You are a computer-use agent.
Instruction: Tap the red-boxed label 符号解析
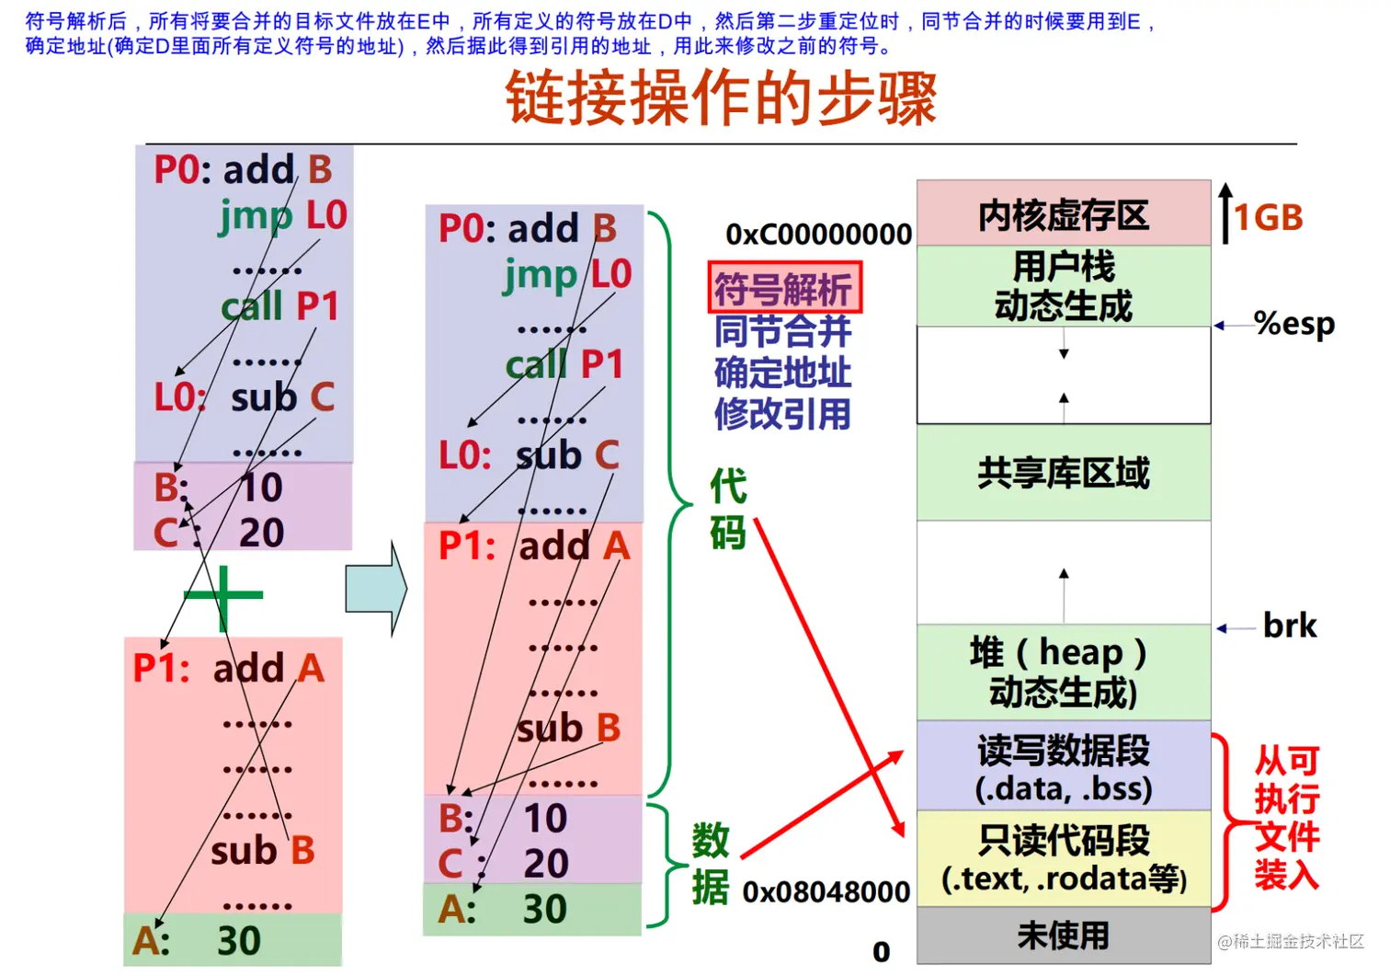coord(783,288)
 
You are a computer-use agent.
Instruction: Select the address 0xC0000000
coord(818,234)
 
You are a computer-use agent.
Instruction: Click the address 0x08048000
coord(826,891)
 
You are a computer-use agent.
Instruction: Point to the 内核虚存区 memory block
coord(1063,214)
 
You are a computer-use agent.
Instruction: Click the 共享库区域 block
coord(1063,473)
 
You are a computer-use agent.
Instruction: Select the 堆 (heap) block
coord(1063,672)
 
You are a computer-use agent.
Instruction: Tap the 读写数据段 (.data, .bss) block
coord(1063,768)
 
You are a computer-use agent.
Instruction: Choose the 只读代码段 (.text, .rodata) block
coord(1063,858)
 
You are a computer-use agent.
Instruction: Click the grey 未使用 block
coord(1063,936)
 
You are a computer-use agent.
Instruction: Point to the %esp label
coord(1293,324)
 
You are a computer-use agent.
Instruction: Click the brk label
coord(1289,626)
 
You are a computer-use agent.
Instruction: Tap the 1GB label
coord(1269,218)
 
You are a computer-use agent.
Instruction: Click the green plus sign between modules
coord(223,595)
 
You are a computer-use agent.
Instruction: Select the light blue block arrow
coord(376,589)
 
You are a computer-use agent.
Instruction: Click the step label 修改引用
coord(783,414)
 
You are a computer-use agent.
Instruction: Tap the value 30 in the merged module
coord(544,909)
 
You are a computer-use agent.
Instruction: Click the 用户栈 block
coord(1063,286)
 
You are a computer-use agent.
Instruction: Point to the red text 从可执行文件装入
coord(1286,817)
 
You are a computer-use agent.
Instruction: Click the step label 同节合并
coord(783,331)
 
